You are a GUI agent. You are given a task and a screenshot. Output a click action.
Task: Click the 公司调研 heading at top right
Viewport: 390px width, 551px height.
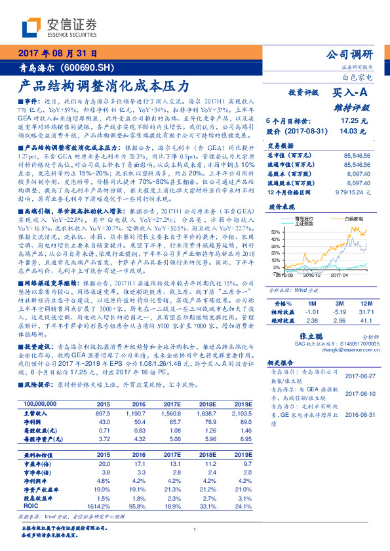point(349,54)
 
